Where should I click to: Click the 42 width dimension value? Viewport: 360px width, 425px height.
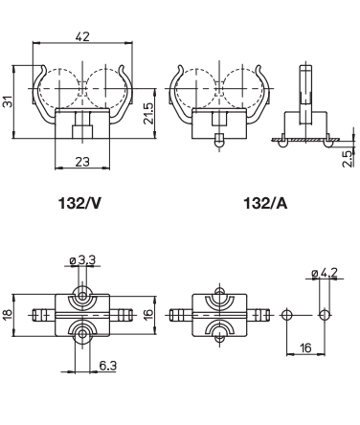click(82, 36)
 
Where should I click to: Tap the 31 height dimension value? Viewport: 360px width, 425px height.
click(8, 101)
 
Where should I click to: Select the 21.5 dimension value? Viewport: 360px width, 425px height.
click(149, 113)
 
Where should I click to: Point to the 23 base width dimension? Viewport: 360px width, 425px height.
click(82, 162)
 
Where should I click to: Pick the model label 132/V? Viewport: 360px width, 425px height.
click(79, 203)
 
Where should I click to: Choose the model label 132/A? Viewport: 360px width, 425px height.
click(265, 203)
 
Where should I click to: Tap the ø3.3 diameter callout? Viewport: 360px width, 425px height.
click(82, 260)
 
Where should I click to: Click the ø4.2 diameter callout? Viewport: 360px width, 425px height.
click(325, 273)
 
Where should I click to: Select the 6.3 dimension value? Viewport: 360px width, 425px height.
click(108, 366)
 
